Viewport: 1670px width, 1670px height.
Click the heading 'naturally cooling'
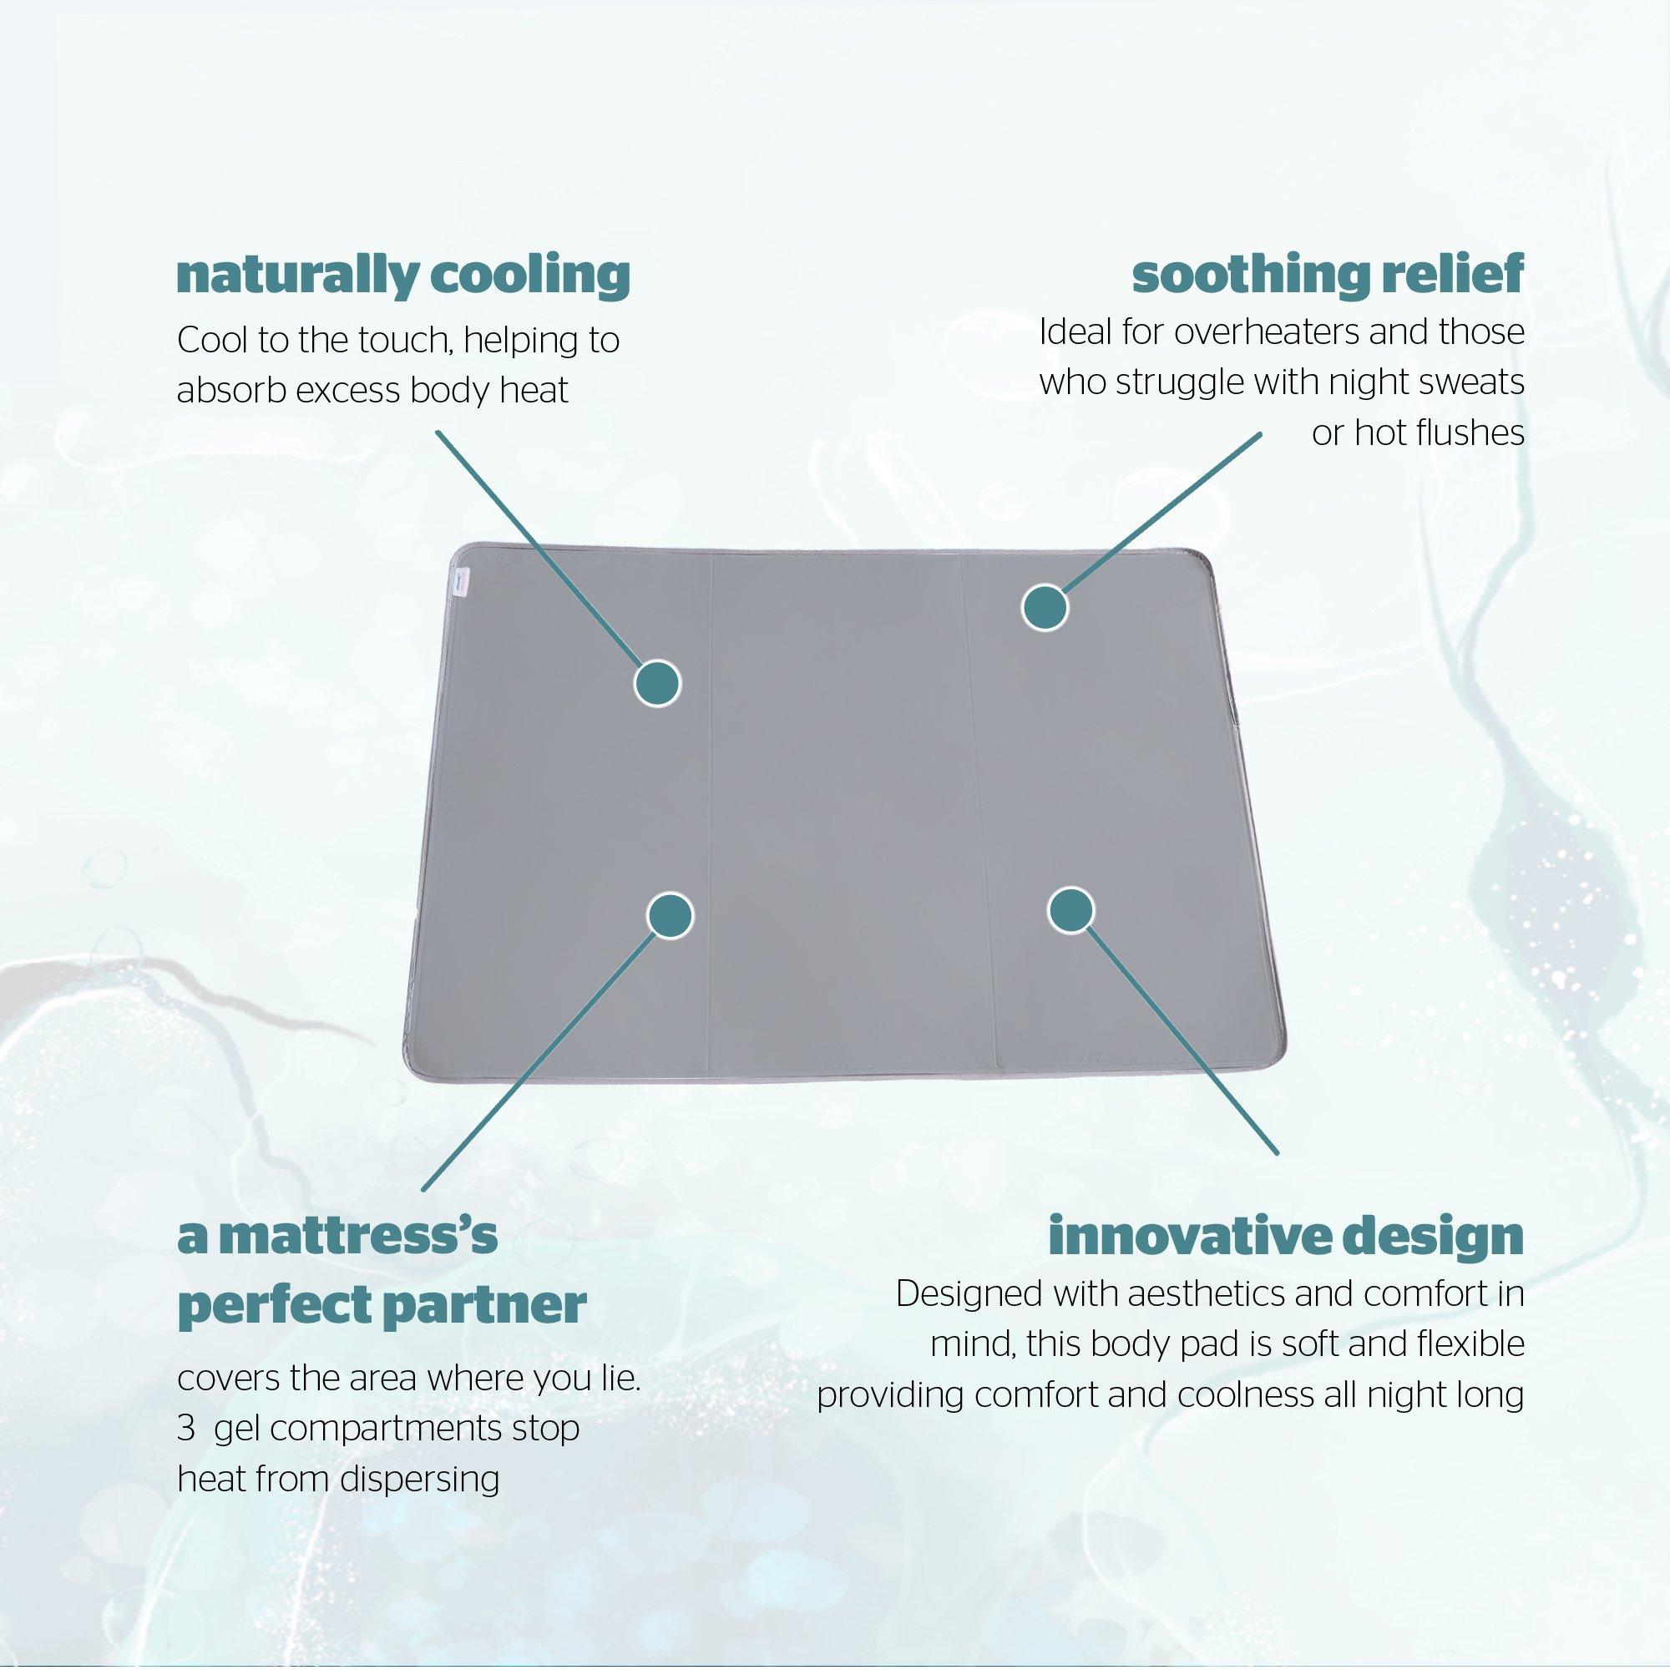pyautogui.click(x=402, y=276)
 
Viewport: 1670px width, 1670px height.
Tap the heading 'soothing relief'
pyautogui.click(x=1328, y=276)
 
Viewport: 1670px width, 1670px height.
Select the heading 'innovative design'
pyautogui.click(x=1285, y=1237)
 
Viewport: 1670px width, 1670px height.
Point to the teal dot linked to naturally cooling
pyautogui.click(x=658, y=684)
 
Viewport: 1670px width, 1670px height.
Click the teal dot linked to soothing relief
pyautogui.click(x=1045, y=608)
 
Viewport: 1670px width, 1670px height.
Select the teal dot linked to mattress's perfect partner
pyautogui.click(x=671, y=913)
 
